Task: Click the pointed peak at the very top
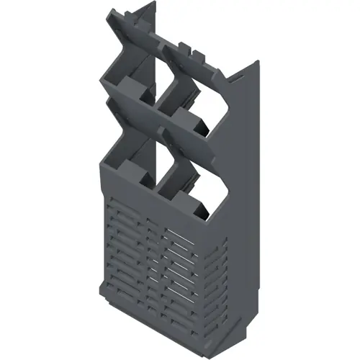coord(155,4)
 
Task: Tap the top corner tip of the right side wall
coord(256,60)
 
